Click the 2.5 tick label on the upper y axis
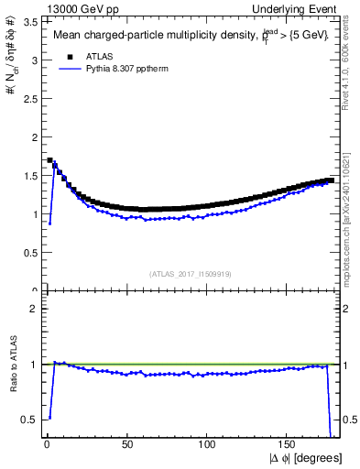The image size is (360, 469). point(29,99)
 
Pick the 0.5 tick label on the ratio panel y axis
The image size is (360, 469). point(29,420)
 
